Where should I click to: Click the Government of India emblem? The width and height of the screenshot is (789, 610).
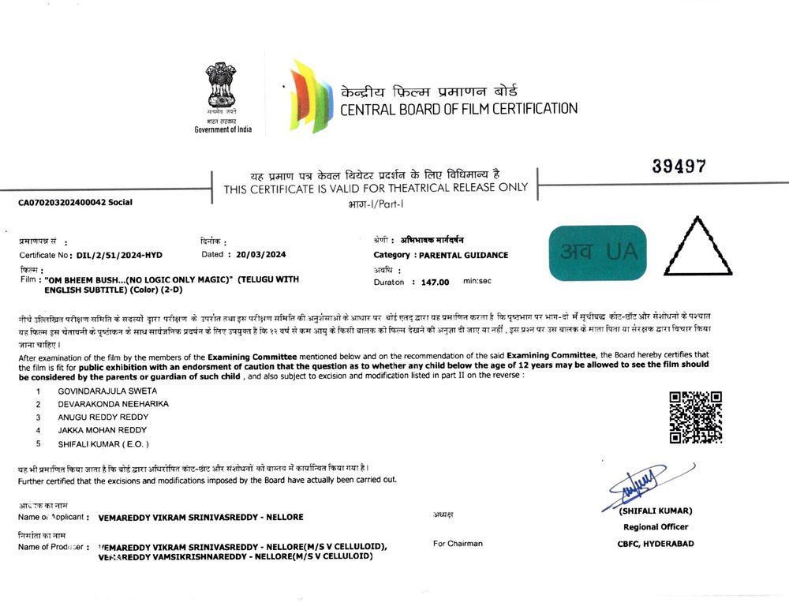pyautogui.click(x=222, y=88)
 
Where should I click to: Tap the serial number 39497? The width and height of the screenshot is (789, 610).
pyautogui.click(x=679, y=167)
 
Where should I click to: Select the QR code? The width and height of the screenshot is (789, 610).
pyautogui.click(x=695, y=417)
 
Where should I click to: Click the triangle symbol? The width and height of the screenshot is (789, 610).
pyautogui.click(x=698, y=246)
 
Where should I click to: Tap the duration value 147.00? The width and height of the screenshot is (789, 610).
pyautogui.click(x=435, y=282)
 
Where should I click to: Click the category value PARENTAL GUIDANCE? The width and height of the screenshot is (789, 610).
pyautogui.click(x=463, y=255)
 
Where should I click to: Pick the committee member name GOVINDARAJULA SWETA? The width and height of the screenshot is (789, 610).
pyautogui.click(x=107, y=391)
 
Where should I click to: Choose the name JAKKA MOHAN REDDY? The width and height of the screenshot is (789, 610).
pyautogui.click(x=103, y=430)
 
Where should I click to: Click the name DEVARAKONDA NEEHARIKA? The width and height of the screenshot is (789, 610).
pyautogui.click(x=113, y=403)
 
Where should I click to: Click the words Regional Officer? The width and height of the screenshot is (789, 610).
pyautogui.click(x=656, y=526)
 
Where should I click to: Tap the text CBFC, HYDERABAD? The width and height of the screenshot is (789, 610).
pyautogui.click(x=656, y=543)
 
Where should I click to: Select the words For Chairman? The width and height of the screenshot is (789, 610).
pyautogui.click(x=458, y=543)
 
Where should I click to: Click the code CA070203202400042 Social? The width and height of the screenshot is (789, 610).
pyautogui.click(x=76, y=202)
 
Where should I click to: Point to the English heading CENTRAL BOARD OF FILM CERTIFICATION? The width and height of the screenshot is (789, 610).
pyautogui.click(x=458, y=109)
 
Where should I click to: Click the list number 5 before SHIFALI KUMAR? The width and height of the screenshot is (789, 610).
pyautogui.click(x=37, y=443)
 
